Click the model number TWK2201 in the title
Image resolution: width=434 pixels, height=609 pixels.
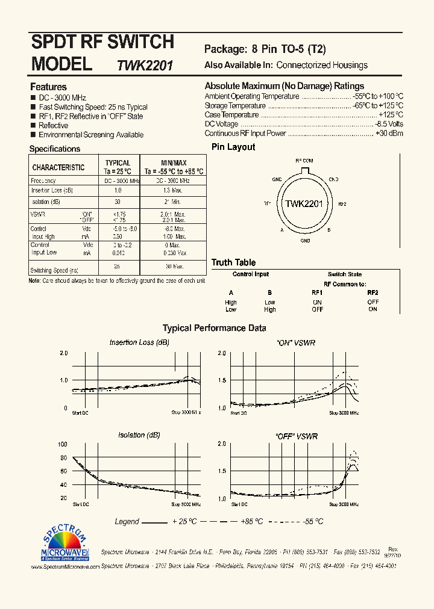(x=145, y=66)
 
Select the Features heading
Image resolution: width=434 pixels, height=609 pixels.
(x=48, y=87)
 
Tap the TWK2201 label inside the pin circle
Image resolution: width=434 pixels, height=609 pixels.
(x=304, y=204)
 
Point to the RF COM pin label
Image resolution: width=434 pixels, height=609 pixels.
(x=304, y=161)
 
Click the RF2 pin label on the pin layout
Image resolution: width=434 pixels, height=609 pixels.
(x=342, y=204)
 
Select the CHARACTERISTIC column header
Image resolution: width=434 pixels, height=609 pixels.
(x=58, y=167)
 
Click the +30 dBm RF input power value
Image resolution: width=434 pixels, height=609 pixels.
(x=389, y=134)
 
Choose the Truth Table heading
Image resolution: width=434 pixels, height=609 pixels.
(x=233, y=262)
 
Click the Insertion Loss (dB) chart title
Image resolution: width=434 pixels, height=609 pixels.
(x=139, y=342)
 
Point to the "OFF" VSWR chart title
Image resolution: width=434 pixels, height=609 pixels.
(x=296, y=436)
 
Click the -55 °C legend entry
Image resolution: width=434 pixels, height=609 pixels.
(x=313, y=522)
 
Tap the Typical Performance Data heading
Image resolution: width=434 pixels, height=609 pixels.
(x=215, y=329)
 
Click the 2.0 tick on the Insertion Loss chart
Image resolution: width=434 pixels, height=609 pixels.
(x=64, y=353)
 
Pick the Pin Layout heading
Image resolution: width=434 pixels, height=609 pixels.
(x=233, y=147)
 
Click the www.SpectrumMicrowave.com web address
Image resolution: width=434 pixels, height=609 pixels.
(x=64, y=566)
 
